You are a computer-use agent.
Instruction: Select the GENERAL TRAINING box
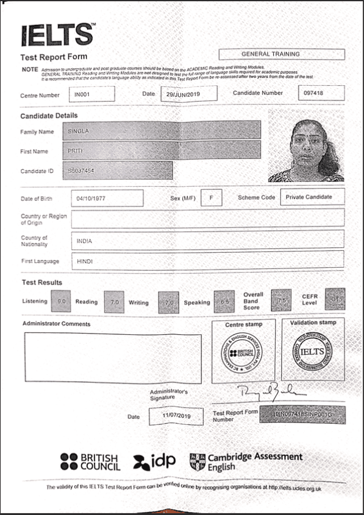[x=281, y=54]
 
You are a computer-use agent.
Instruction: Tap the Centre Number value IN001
[x=91, y=94]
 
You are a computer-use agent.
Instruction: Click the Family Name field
[x=165, y=130]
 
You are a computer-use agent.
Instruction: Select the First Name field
[x=165, y=150]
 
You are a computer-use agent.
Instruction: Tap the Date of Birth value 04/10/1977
[x=107, y=198]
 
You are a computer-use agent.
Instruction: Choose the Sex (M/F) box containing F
[x=211, y=198]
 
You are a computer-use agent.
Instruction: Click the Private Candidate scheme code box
[x=312, y=197]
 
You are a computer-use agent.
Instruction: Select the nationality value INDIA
[x=207, y=240]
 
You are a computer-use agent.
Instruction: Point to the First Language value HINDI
[x=207, y=261]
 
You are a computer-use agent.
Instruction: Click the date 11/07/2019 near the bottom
[x=175, y=416]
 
